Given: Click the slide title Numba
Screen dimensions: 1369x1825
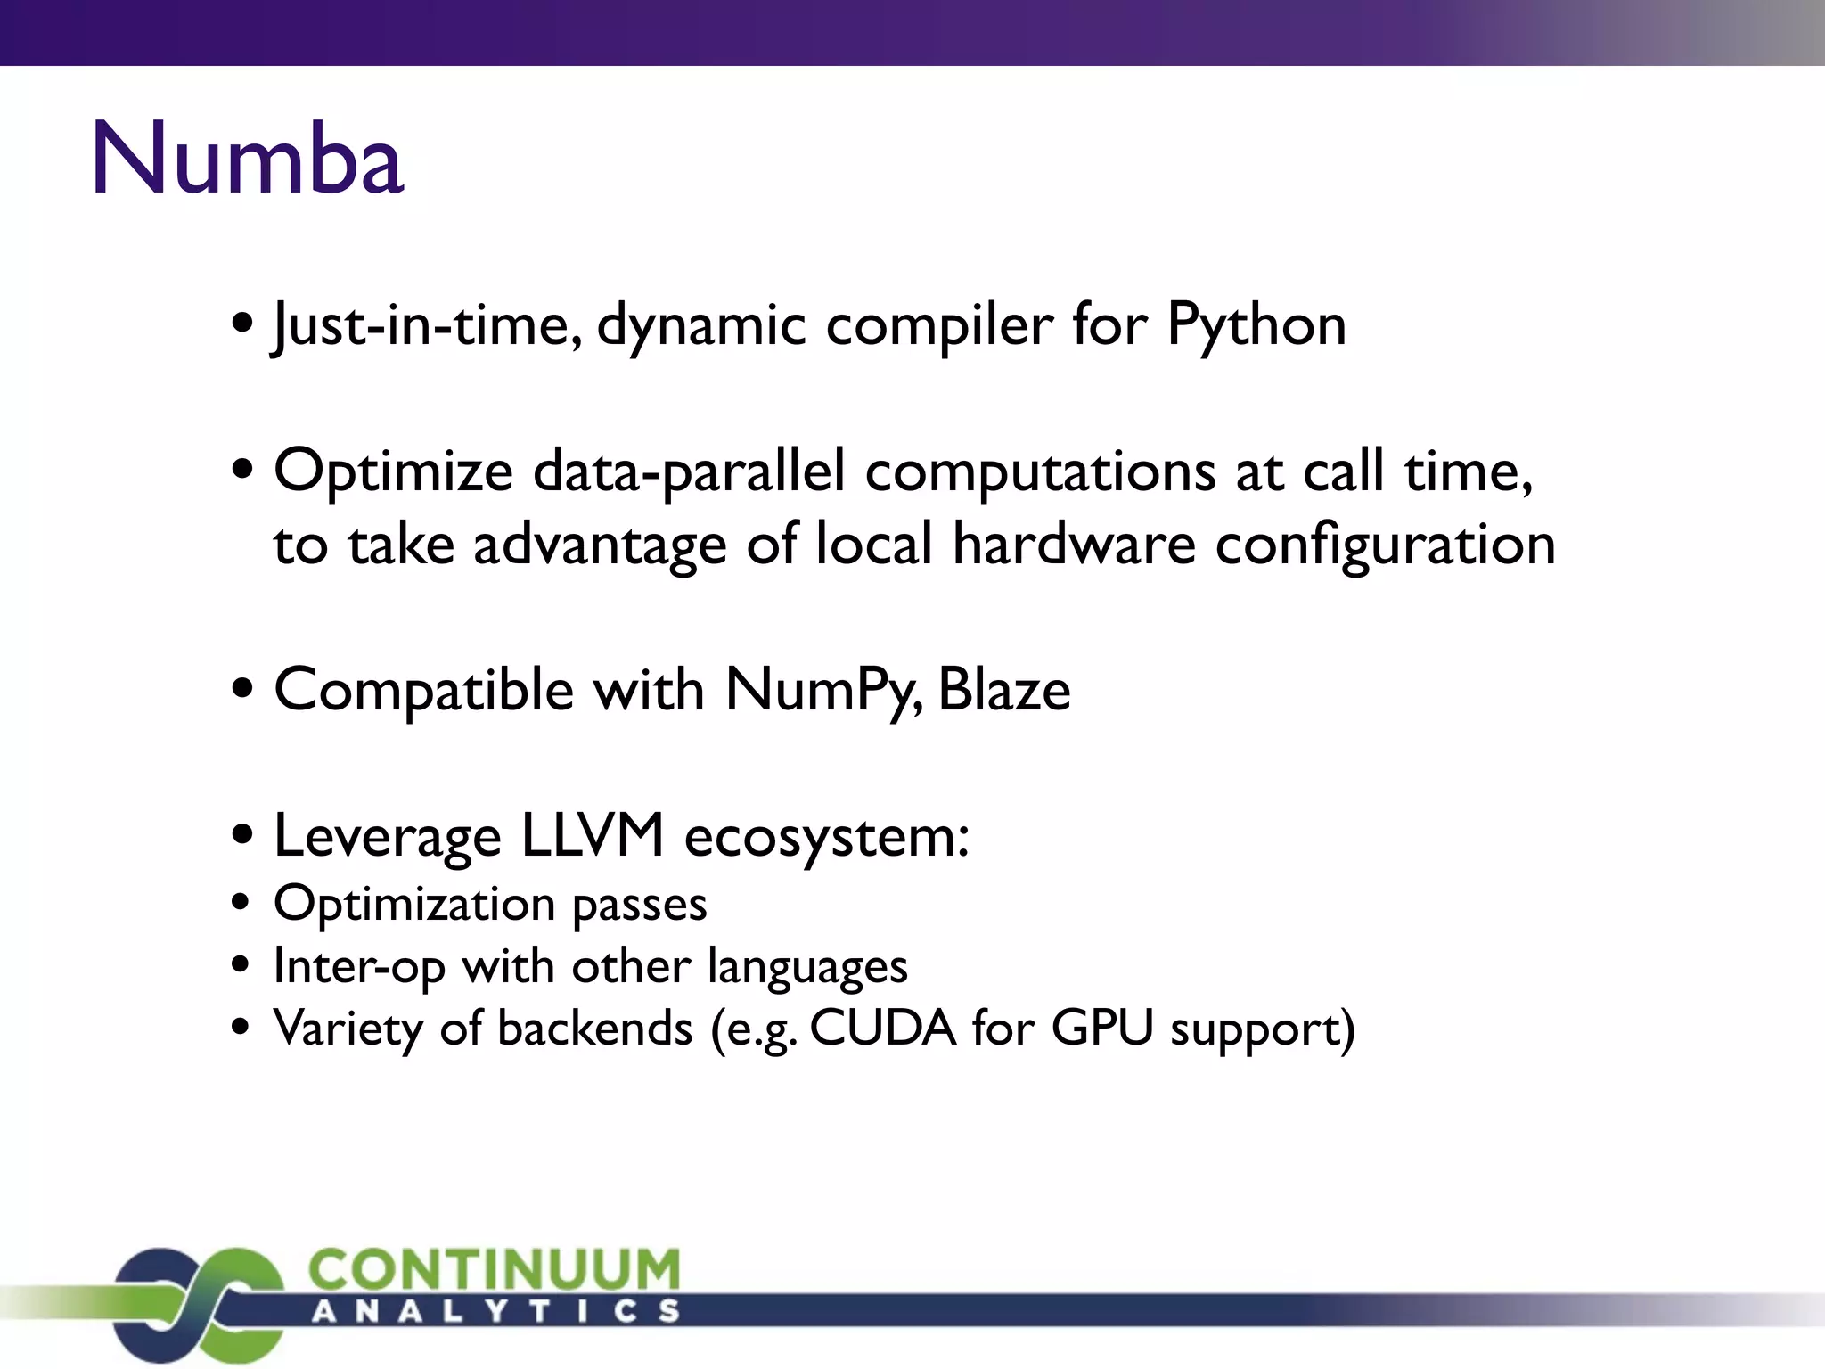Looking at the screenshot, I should point(248,159).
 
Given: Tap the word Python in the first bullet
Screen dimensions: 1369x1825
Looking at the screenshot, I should point(1256,324).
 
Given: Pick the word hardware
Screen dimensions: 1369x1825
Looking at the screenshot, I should point(1073,544).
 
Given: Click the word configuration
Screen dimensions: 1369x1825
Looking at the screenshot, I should point(1385,545).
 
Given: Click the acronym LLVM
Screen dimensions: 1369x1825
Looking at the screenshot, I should point(593,836).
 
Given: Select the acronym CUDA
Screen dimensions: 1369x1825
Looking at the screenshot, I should point(882,1028).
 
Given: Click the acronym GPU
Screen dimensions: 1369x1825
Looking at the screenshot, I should point(1102,1028).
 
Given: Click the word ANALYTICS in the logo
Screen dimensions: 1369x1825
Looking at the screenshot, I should point(495,1311).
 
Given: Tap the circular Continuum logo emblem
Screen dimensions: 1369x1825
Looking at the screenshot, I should point(201,1304).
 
